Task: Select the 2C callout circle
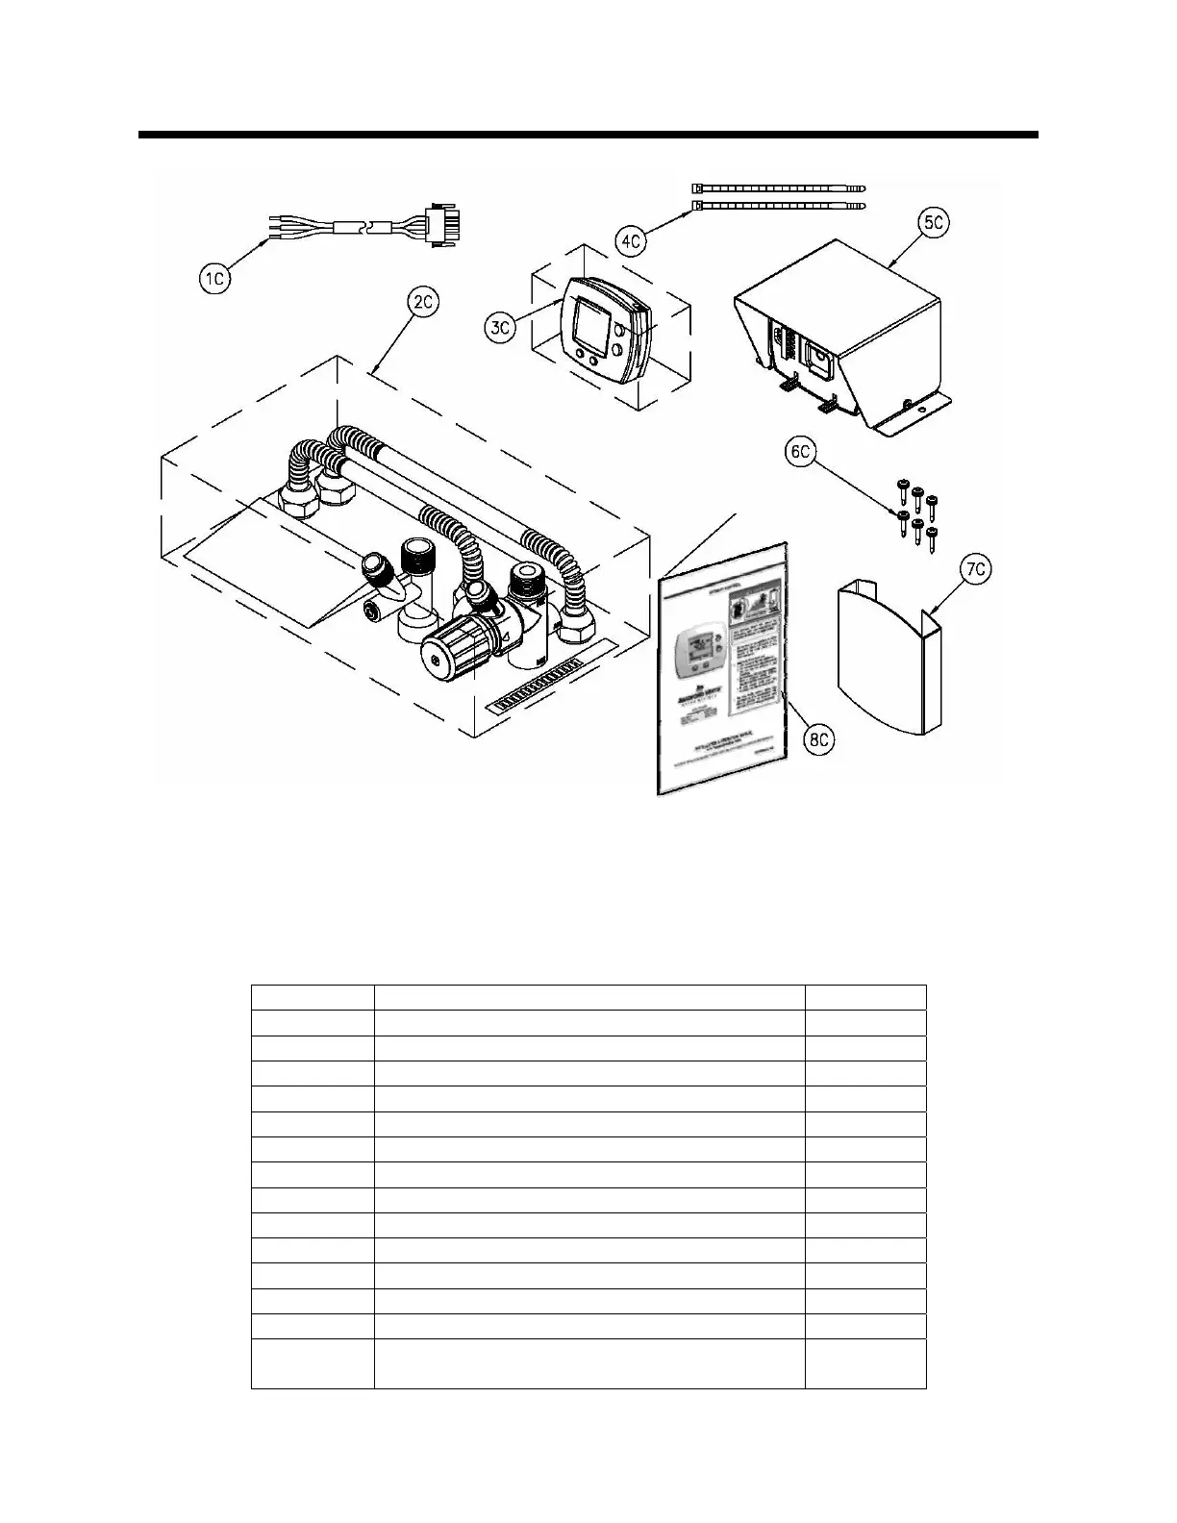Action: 423,303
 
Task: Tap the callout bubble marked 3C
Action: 500,327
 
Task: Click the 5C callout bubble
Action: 932,222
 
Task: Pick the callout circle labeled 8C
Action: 821,739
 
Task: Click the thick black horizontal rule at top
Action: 588,135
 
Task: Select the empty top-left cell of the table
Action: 313,997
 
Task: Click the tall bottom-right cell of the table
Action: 865,1363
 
